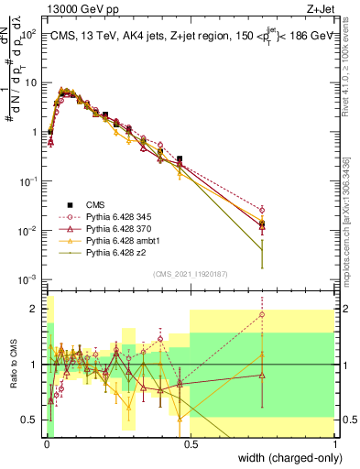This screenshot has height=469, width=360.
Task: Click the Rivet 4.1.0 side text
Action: (351, 64)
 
